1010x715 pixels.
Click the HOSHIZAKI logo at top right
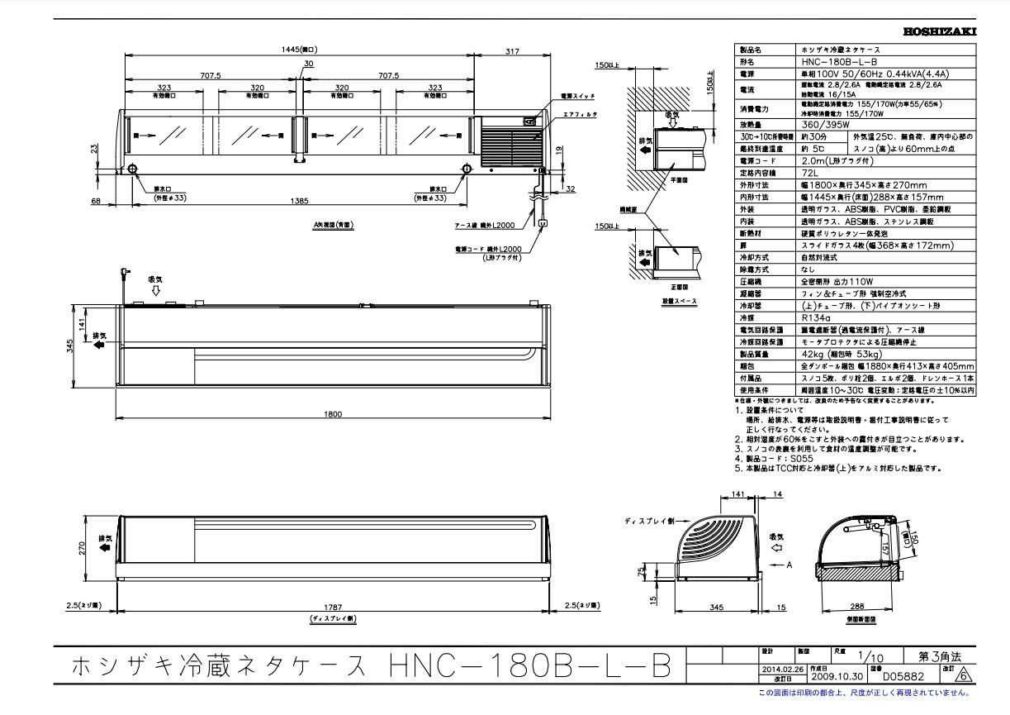click(940, 31)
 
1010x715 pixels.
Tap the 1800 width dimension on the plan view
click(333, 414)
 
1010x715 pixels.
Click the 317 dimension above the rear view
click(512, 51)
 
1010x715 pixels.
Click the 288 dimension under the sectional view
click(857, 606)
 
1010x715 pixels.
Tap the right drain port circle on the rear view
click(467, 169)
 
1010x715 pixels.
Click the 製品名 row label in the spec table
click(751, 50)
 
